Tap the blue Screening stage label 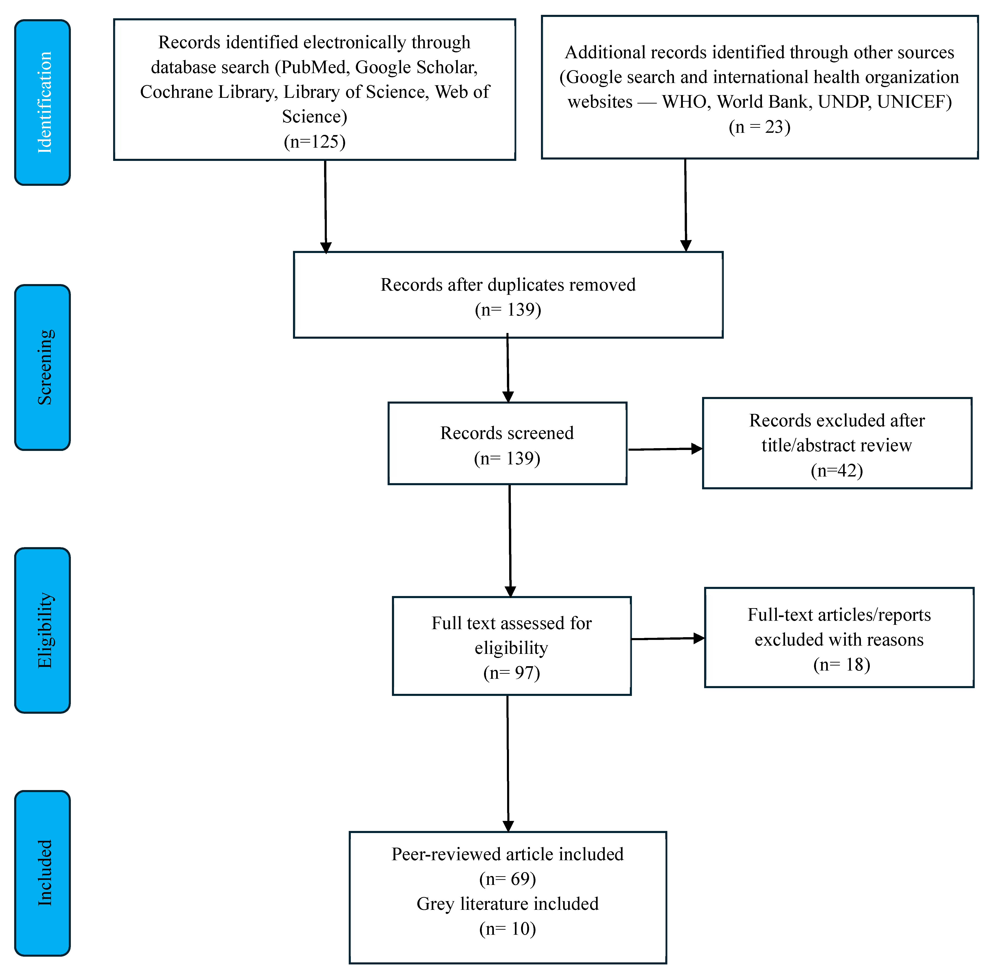click(x=42, y=367)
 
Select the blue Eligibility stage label click(x=42, y=630)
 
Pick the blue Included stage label click(x=42, y=873)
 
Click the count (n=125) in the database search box click(x=314, y=141)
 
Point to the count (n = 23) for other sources click(x=760, y=126)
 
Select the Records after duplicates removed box click(x=508, y=295)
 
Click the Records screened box click(x=507, y=443)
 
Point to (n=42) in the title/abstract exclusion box click(x=837, y=470)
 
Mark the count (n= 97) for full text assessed click(x=511, y=673)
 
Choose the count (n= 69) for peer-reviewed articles click(x=507, y=879)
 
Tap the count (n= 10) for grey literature click(x=507, y=929)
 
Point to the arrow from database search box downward click(x=325, y=207)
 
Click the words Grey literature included click(x=507, y=904)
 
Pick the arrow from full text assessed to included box click(x=508, y=763)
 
